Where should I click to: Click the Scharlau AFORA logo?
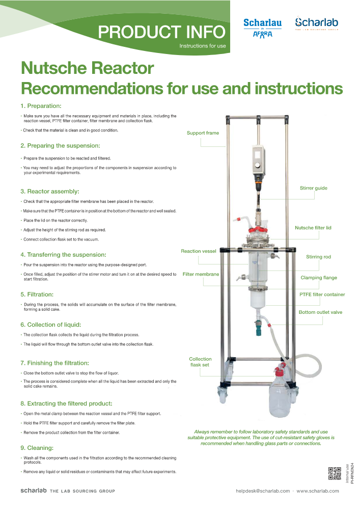pyautogui.click(x=262, y=28)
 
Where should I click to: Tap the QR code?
pyautogui.click(x=335, y=473)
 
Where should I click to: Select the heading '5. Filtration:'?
pyautogui.click(x=37, y=294)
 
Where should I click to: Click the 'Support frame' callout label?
pyautogui.click(x=203, y=133)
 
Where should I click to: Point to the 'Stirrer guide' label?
pyautogui.click(x=313, y=188)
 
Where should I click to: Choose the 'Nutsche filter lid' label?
pyautogui.click(x=313, y=228)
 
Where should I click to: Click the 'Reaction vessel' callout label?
pyautogui.click(x=199, y=251)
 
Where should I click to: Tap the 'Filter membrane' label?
pyautogui.click(x=201, y=274)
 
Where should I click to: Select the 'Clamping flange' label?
pyautogui.click(x=319, y=278)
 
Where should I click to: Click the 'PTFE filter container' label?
pyautogui.click(x=322, y=294)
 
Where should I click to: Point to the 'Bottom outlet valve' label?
pyautogui.click(x=320, y=312)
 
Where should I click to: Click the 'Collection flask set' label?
pyautogui.click(x=200, y=362)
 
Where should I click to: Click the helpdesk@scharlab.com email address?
pyautogui.click(x=263, y=491)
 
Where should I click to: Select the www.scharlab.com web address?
pyautogui.click(x=318, y=491)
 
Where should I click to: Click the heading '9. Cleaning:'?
pyautogui.click(x=37, y=448)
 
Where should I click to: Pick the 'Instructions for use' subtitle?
pyautogui.click(x=203, y=46)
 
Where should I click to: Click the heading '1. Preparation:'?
pyautogui.click(x=41, y=106)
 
